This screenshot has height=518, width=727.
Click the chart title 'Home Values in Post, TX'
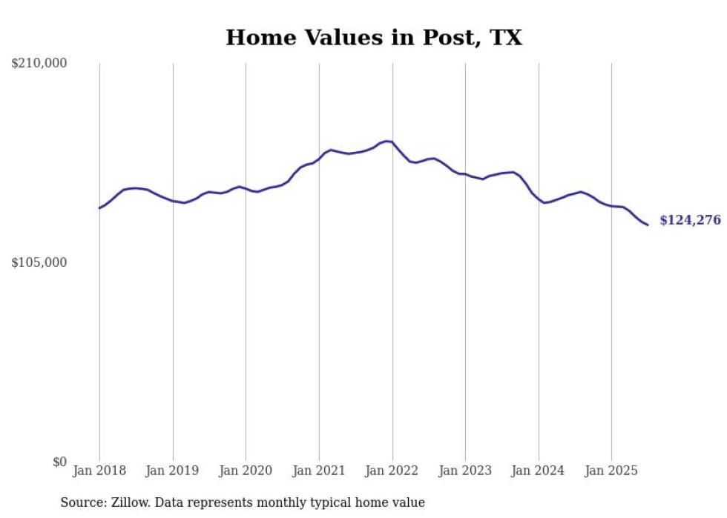point(374,38)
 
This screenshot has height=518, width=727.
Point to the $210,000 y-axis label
point(39,64)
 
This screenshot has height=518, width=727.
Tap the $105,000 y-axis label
point(39,263)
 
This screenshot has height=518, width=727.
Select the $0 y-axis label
point(60,462)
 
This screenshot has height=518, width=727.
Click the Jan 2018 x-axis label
point(99,471)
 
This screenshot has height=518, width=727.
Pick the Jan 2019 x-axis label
point(173,471)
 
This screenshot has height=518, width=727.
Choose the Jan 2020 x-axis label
point(246,471)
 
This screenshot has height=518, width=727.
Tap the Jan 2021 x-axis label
point(319,471)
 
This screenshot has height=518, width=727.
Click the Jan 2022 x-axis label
point(392,471)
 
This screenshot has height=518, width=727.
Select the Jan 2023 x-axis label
point(465,471)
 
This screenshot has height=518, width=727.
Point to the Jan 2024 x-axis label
point(539,471)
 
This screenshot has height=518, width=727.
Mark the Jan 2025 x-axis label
point(611,471)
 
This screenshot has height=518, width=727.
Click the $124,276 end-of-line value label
point(690,220)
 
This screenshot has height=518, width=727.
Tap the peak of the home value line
point(386,141)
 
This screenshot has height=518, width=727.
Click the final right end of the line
point(648,225)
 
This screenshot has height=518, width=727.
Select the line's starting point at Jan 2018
point(99,207)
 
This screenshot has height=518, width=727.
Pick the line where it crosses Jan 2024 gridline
point(539,199)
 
